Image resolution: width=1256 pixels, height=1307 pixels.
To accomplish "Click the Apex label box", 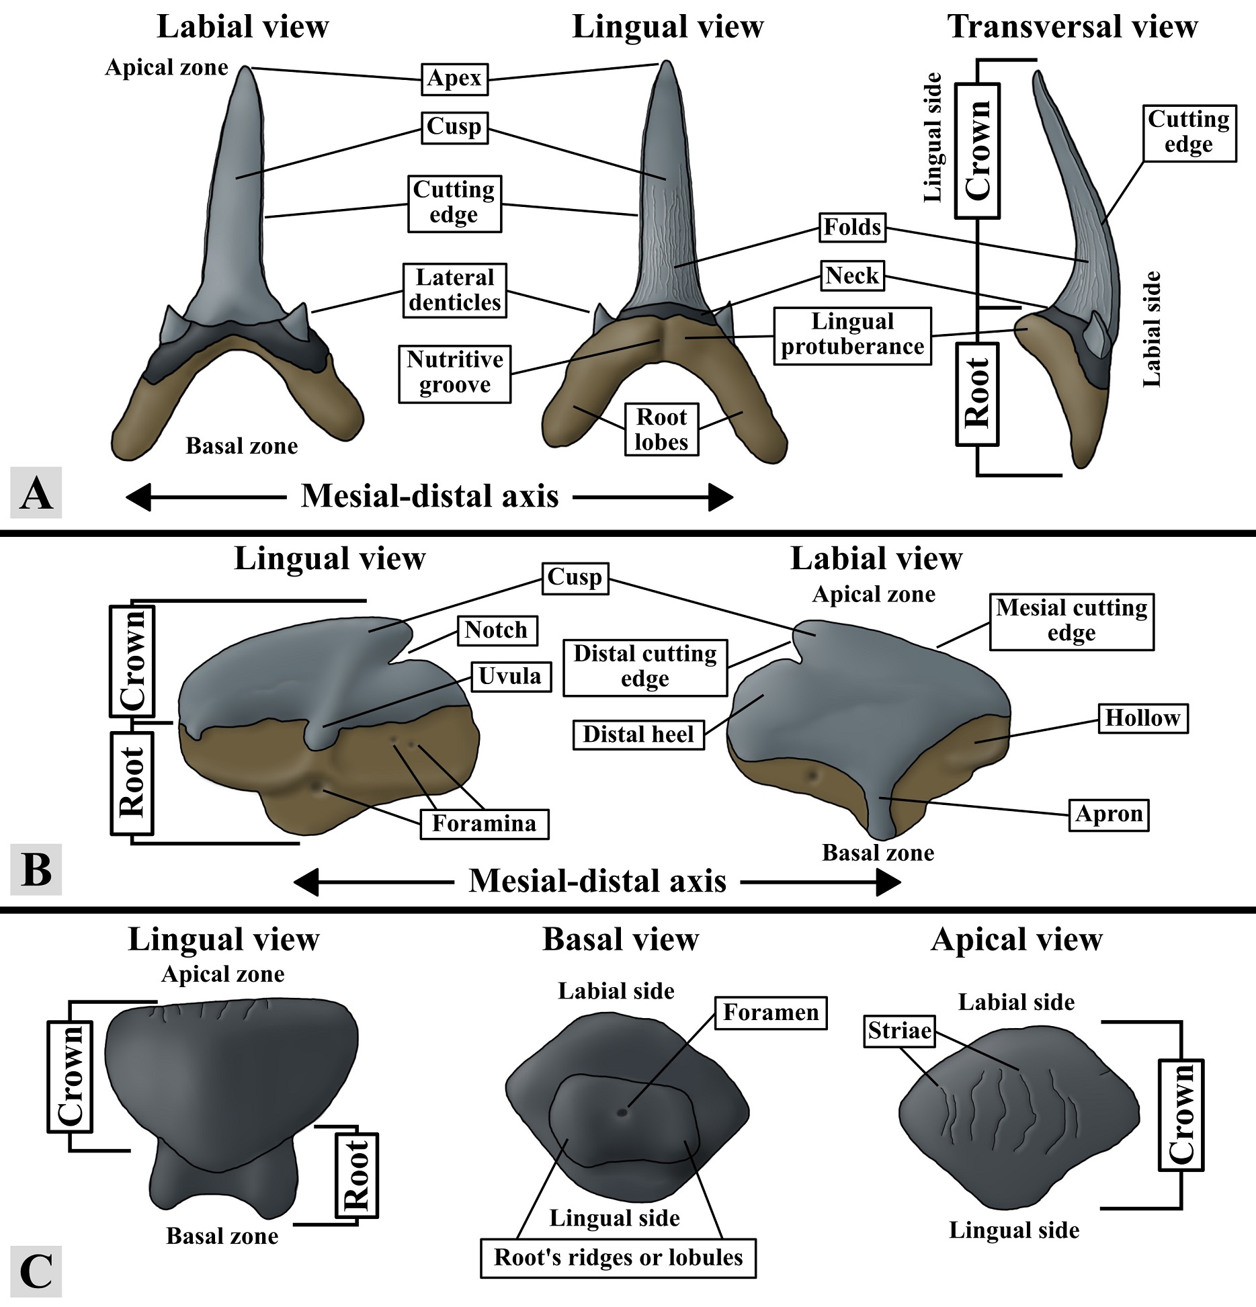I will (454, 79).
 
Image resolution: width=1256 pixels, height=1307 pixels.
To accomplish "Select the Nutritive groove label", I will (454, 373).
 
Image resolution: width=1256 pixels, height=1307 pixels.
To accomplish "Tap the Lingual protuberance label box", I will (852, 335).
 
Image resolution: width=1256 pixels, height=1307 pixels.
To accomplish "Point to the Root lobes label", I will (661, 429).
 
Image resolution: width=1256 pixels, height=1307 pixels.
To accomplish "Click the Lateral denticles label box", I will (454, 290).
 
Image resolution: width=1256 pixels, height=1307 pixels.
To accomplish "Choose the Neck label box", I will (852, 276).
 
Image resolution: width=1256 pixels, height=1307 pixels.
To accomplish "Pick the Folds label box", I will (852, 227).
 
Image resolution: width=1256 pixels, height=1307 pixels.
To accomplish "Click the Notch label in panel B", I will (497, 630).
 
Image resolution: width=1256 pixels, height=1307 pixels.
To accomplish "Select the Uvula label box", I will (510, 676).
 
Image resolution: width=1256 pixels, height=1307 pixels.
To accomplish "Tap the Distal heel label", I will (638, 734).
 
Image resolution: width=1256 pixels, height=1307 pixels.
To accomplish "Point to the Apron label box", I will (1108, 814).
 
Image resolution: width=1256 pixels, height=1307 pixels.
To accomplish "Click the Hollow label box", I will (1142, 718).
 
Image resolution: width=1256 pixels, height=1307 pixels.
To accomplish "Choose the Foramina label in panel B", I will (484, 824).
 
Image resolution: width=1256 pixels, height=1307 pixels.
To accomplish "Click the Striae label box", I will (899, 1031).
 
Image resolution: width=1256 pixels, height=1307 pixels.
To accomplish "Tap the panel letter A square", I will (36, 494).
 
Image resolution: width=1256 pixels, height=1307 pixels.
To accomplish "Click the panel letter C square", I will (36, 1272).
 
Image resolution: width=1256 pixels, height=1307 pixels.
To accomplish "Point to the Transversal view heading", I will (1073, 28).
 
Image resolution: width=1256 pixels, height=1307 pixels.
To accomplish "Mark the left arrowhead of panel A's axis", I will (138, 498).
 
